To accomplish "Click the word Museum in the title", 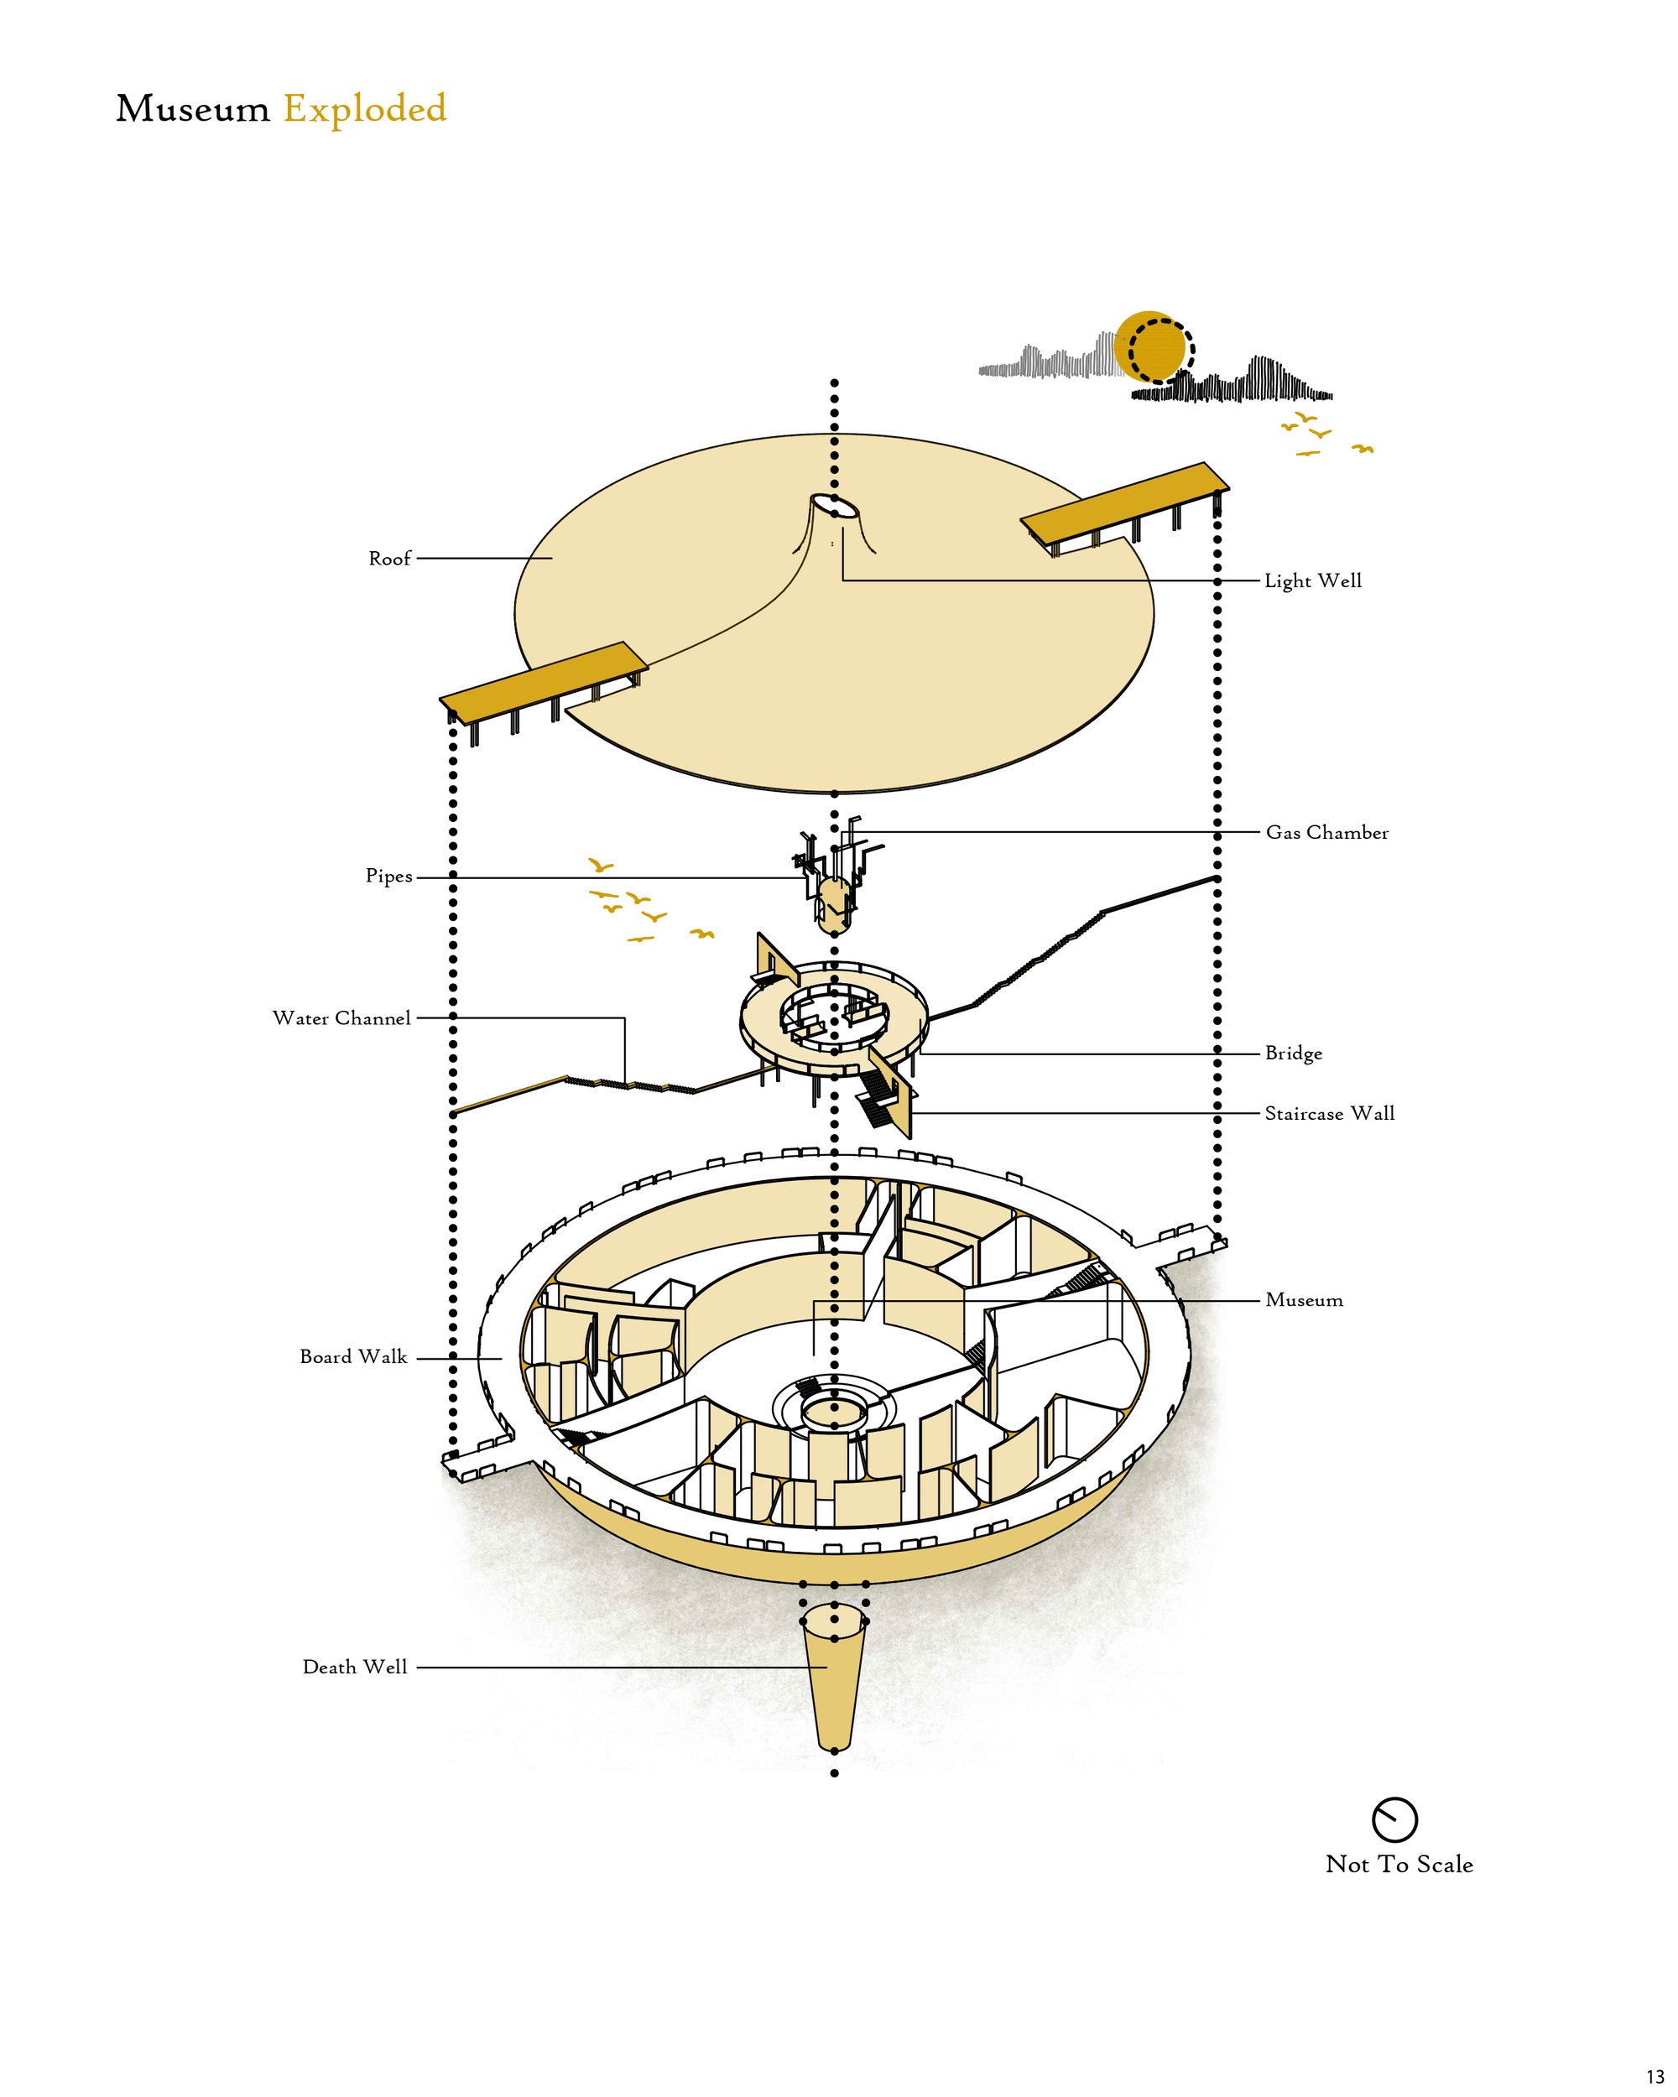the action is pyautogui.click(x=193, y=109).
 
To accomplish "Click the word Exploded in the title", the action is pyautogui.click(x=365, y=109).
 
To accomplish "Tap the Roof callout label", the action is pyautogui.click(x=389, y=559).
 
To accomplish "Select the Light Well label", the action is pyautogui.click(x=1313, y=580).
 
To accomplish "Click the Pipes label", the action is pyautogui.click(x=389, y=877).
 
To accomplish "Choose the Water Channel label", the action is pyautogui.click(x=341, y=1018).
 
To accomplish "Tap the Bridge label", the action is pyautogui.click(x=1293, y=1054).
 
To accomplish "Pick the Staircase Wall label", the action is pyautogui.click(x=1330, y=1114).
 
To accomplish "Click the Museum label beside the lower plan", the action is pyautogui.click(x=1304, y=1300).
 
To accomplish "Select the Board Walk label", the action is pyautogui.click(x=353, y=1357).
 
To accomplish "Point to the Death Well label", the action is pyautogui.click(x=355, y=1667).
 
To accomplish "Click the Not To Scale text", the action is pyautogui.click(x=1399, y=1865).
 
